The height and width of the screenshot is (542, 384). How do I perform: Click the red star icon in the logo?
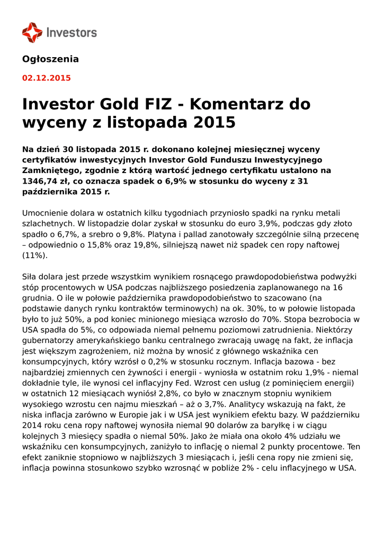pos(32,32)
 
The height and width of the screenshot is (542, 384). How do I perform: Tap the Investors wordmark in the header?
pos(72,33)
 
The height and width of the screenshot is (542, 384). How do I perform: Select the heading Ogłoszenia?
pos(50,59)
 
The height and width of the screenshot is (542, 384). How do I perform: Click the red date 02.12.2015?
pos(46,78)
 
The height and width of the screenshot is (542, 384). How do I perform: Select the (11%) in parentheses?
pos(34,255)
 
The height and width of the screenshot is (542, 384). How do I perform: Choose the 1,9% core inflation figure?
pos(307,372)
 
